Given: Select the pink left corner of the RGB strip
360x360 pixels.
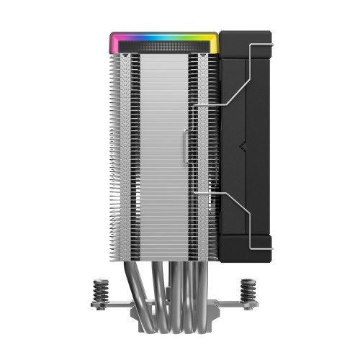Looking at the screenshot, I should tap(113, 39).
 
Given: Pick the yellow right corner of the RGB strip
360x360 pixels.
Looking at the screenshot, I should tap(215, 39).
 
